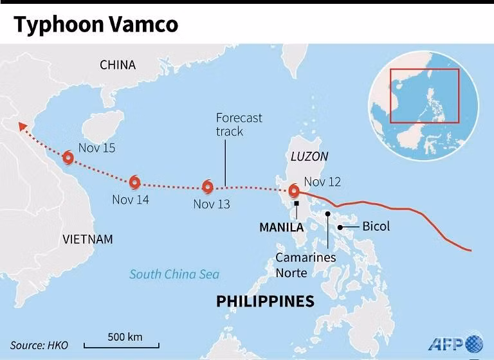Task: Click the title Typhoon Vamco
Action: pos(96,24)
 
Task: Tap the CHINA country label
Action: pos(118,65)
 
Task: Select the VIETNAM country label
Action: pos(87,240)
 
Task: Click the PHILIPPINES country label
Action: pos(265,301)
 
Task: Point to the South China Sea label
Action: pos(174,274)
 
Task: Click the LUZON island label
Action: pos(309,156)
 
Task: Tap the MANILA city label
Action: pos(281,228)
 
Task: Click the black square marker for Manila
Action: pos(297,204)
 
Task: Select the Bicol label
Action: pos(376,226)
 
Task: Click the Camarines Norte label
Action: pos(306,265)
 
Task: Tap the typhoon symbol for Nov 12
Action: pos(294,191)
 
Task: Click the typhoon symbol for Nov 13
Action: pos(207,187)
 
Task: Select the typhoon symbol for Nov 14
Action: pos(134,182)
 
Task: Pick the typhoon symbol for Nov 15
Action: pos(68,157)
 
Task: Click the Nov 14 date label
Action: pos(131,200)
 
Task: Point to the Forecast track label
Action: pos(239,125)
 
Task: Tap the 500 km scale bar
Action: pos(124,344)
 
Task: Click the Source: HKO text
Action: pos(39,345)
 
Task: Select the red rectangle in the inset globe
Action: pos(425,95)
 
